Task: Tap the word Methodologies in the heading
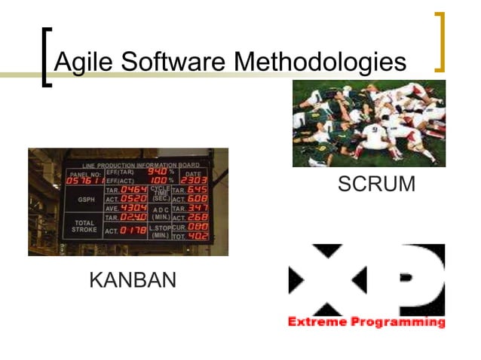pos(321,62)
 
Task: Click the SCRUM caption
pos(376,185)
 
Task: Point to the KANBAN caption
pos(133,281)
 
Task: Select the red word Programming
pos(396,322)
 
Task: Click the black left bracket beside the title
pos(47,57)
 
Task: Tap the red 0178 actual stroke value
pos(133,230)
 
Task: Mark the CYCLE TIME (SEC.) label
pos(160,194)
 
